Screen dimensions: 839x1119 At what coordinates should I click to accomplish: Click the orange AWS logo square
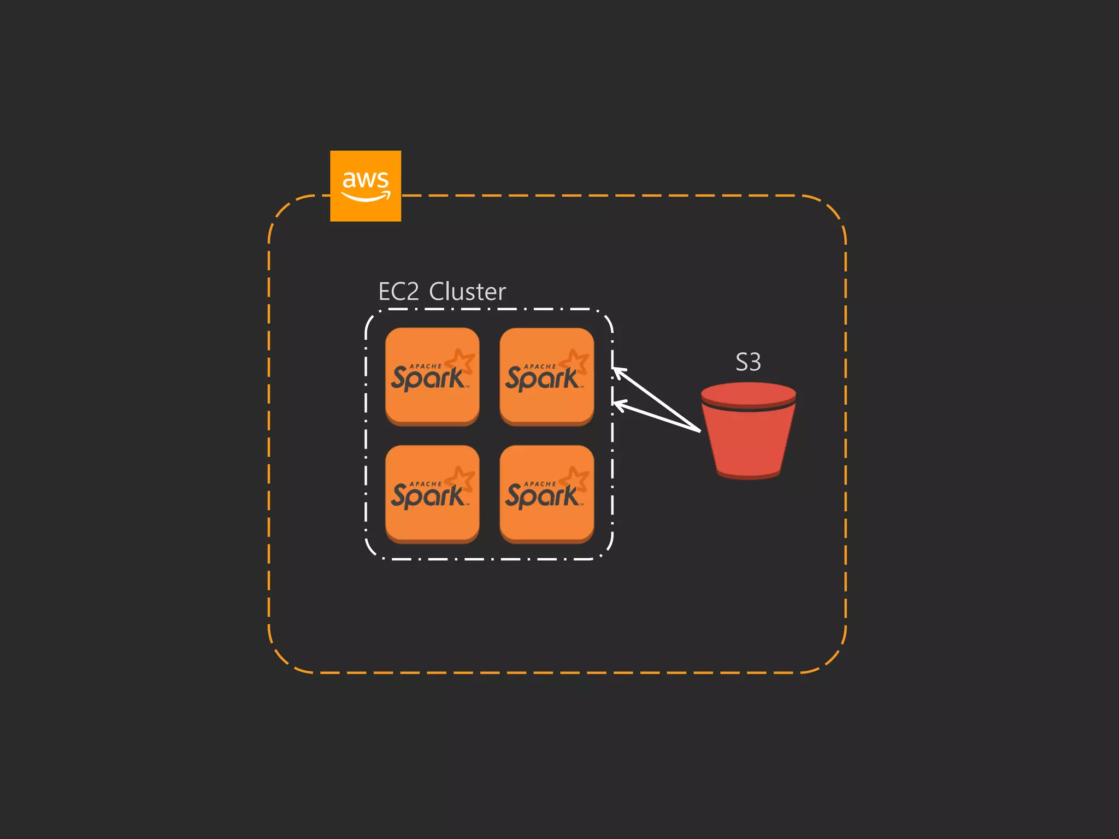[366, 186]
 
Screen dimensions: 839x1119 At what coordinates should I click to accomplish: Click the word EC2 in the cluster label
[398, 292]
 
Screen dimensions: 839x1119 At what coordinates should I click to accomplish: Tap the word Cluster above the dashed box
[467, 292]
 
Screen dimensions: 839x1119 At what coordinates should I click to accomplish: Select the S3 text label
[748, 362]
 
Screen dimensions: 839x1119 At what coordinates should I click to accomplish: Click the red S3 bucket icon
[748, 437]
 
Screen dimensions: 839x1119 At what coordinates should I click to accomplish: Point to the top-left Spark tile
[432, 376]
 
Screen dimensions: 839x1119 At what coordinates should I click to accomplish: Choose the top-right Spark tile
[546, 376]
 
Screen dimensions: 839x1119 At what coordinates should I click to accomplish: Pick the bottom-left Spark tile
[432, 494]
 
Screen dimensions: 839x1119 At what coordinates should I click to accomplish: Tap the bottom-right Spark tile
[546, 494]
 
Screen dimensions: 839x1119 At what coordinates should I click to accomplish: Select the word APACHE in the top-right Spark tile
[540, 367]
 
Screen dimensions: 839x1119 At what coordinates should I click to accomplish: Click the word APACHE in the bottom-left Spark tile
[426, 484]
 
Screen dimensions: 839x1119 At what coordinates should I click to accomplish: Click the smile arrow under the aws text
[366, 197]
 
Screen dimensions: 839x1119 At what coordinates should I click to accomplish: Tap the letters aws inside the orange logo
[365, 179]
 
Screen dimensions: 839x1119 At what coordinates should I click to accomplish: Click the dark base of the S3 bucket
[748, 476]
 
